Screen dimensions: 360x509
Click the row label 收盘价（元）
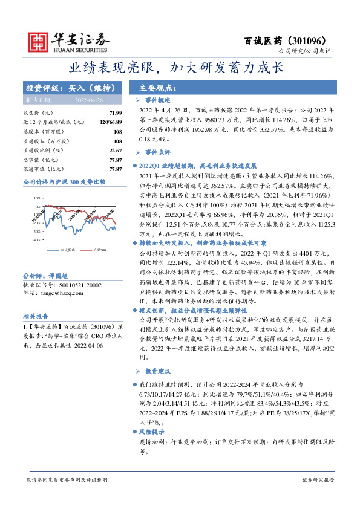(38, 113)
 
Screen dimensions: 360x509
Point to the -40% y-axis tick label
(37, 223)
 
